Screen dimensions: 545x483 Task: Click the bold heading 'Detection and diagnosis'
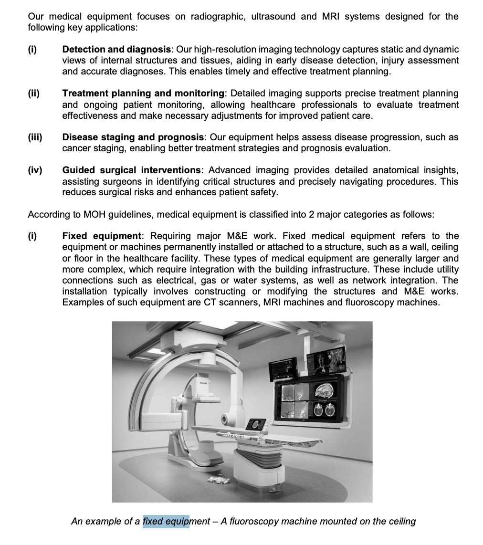(x=116, y=49)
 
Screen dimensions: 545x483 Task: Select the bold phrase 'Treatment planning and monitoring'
(x=143, y=93)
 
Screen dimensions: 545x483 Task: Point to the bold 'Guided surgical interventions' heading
(x=131, y=170)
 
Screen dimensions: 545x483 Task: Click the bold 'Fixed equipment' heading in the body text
(x=102, y=236)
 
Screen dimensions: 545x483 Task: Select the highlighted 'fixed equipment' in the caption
(x=166, y=521)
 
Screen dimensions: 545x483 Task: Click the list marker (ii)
(x=33, y=93)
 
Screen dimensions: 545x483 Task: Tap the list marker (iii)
(x=35, y=137)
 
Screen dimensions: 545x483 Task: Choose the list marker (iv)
(x=35, y=170)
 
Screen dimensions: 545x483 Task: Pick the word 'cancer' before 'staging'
(x=75, y=148)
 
